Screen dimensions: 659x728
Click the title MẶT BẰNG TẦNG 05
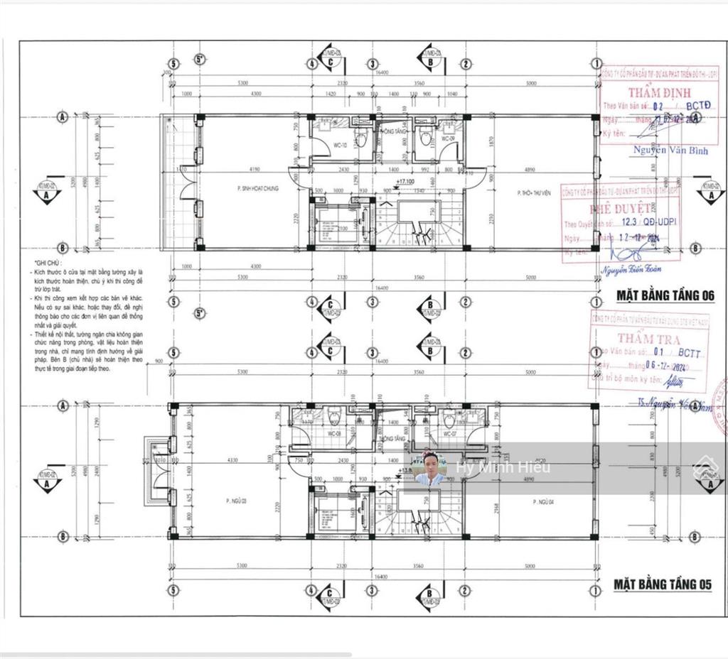point(663,584)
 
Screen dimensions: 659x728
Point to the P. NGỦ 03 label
point(236,501)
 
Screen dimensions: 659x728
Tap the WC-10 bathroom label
point(339,146)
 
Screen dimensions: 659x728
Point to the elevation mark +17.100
point(406,183)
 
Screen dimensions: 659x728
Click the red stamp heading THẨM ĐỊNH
point(648,92)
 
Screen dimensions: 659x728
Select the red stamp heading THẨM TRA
point(648,339)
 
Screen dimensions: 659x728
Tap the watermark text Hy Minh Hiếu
point(503,467)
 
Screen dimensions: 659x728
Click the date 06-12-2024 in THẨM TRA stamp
point(663,364)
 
